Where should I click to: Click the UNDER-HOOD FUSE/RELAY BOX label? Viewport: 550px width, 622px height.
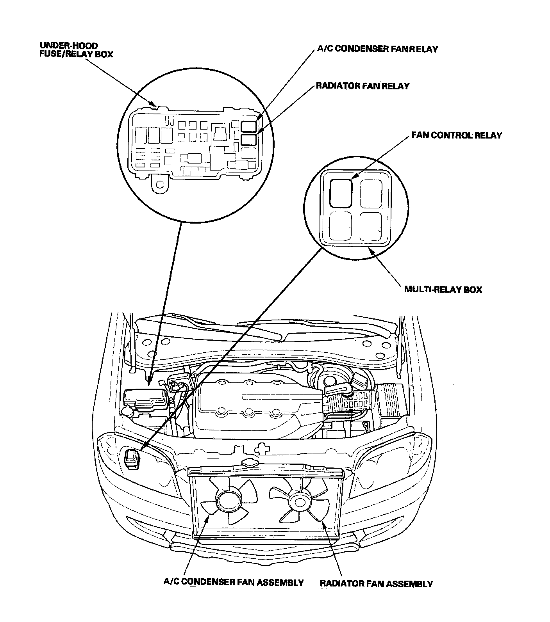pos(76,50)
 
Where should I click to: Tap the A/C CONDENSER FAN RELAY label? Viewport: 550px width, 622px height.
pos(377,49)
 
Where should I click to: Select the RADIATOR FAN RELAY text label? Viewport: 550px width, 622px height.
pos(362,86)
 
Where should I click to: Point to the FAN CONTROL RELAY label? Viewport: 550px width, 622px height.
pos(456,136)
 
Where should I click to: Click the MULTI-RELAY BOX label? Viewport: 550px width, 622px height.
pos(443,290)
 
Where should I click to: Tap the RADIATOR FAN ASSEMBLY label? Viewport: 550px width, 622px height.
pos(376,584)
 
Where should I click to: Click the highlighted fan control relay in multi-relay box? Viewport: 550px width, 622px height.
pos(341,193)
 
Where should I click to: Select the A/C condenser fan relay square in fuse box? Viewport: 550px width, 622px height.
pos(248,126)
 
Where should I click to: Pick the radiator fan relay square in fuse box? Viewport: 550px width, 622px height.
pos(248,140)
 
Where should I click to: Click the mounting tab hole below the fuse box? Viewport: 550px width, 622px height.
pos(159,183)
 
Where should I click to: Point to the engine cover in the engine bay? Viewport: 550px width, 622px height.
pos(250,406)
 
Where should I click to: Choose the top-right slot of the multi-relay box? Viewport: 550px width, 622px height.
pos(370,193)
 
